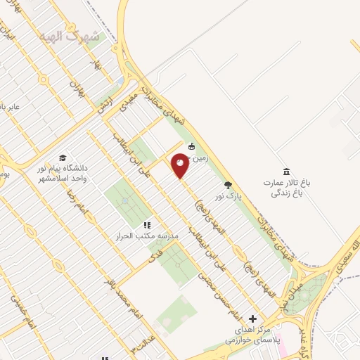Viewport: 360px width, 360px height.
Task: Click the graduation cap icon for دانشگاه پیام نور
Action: point(62,157)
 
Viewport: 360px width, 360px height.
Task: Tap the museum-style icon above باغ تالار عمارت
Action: point(285,172)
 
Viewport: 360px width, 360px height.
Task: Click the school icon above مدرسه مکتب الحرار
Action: point(147,225)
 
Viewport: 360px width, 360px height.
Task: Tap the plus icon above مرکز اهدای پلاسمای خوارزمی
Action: point(252,319)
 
